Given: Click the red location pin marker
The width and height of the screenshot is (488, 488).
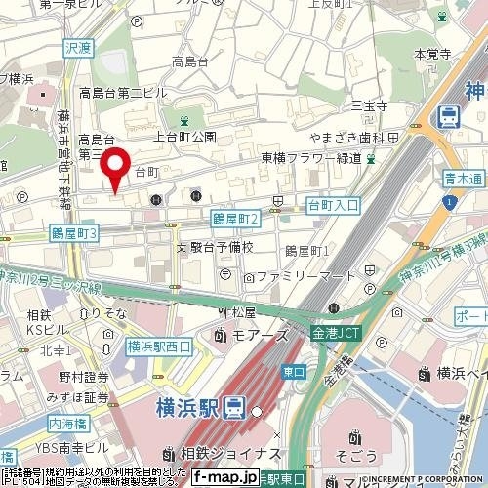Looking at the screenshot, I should click(x=117, y=169).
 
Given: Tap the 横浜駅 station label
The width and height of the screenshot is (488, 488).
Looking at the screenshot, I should click(x=185, y=408).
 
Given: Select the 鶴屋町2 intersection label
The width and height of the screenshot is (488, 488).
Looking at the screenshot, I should click(x=234, y=223).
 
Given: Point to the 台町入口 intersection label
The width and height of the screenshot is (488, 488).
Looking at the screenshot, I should click(x=333, y=205).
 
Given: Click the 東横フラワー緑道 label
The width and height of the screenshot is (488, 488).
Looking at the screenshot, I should click(x=310, y=158).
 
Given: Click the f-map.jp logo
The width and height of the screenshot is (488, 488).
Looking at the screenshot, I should click(x=224, y=477).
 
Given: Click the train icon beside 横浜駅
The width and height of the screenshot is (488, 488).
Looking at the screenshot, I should click(x=234, y=408).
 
